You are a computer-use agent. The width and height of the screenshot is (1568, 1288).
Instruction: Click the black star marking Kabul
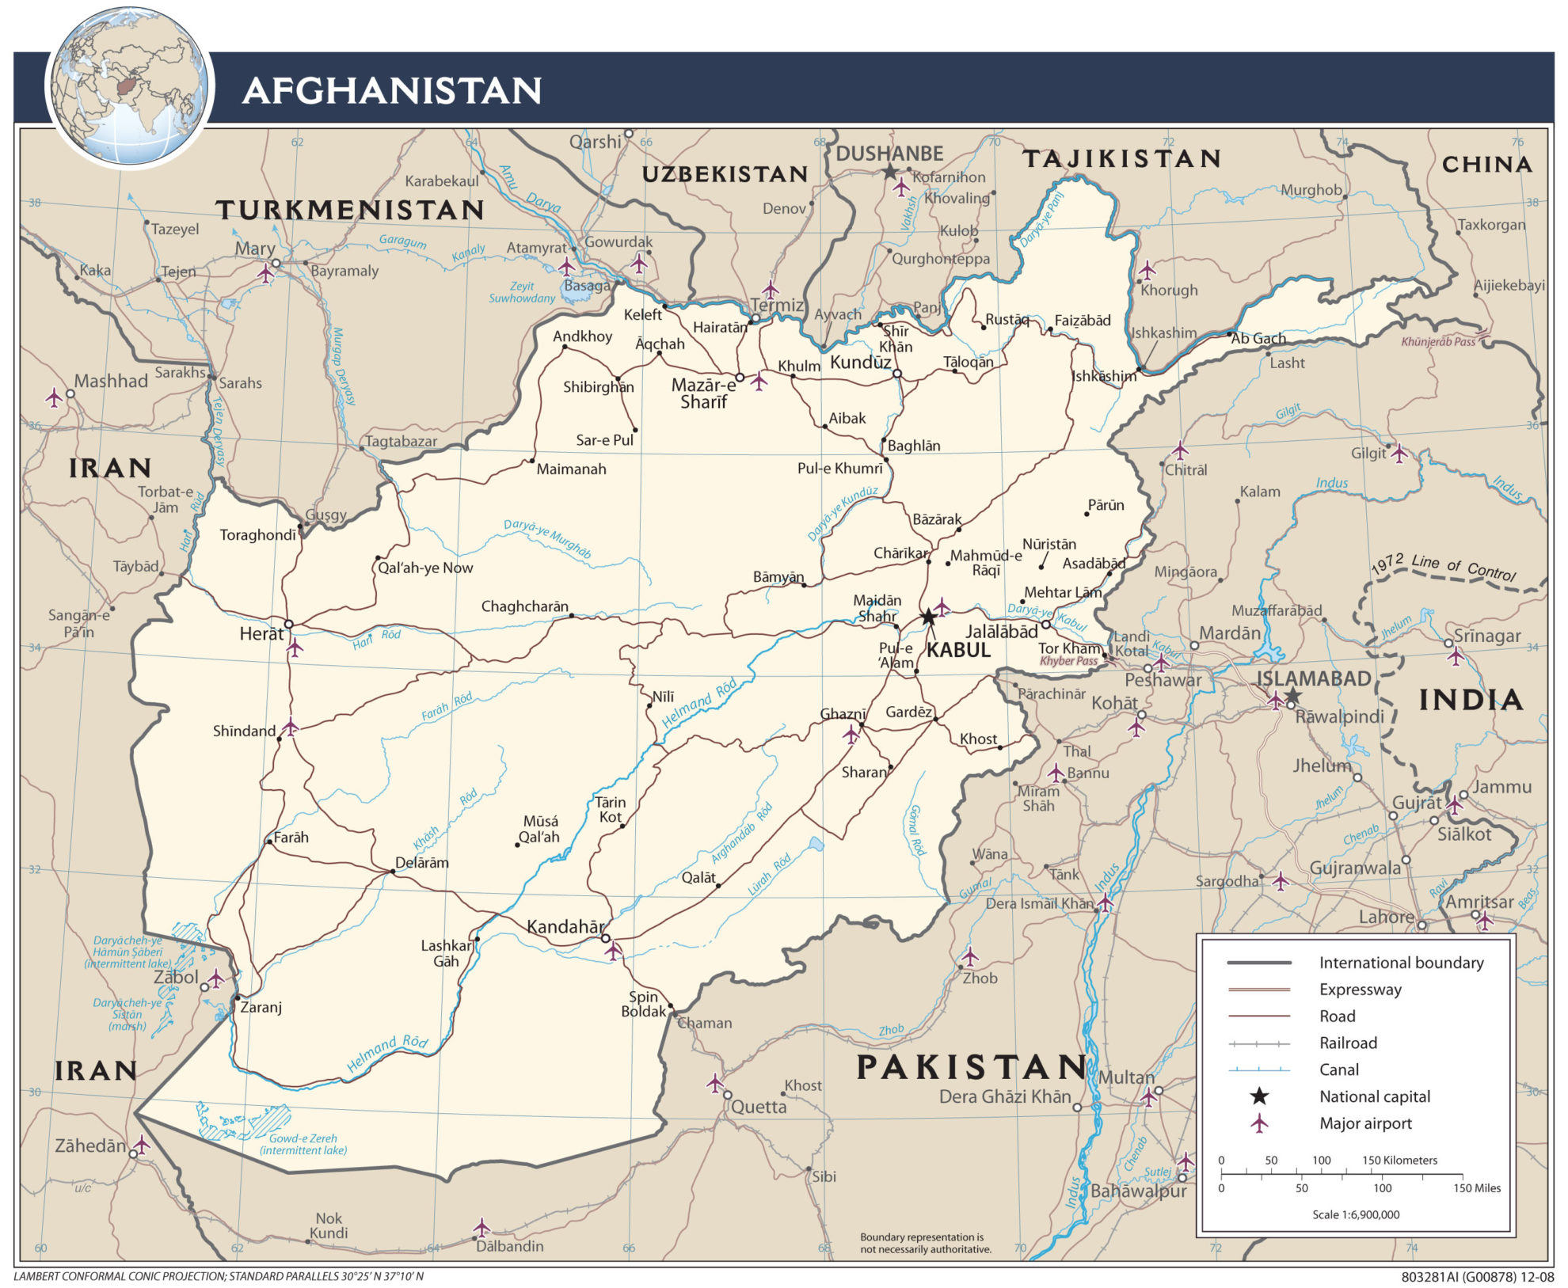click(x=928, y=617)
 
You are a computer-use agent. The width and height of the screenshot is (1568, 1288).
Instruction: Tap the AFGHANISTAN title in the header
click(x=392, y=90)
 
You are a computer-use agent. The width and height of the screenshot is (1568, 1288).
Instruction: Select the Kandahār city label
click(x=565, y=926)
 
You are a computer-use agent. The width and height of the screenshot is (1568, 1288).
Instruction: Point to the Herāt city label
click(x=261, y=633)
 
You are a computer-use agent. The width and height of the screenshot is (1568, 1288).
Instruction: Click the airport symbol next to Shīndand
click(x=291, y=727)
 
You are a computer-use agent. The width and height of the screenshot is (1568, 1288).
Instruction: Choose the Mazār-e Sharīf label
click(x=703, y=393)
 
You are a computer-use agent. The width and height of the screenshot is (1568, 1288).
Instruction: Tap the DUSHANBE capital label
click(x=889, y=154)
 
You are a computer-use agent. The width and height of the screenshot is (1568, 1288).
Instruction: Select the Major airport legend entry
click(x=1365, y=1123)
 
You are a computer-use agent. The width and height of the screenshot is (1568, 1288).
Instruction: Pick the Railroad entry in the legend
click(x=1348, y=1043)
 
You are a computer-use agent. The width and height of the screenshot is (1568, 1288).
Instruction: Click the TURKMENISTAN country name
click(x=350, y=210)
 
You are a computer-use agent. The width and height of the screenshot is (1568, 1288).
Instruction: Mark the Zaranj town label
click(x=261, y=1008)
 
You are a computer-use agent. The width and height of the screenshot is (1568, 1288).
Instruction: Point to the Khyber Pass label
click(x=1068, y=661)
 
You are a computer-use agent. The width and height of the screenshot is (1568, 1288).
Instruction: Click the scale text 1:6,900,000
click(x=1356, y=1214)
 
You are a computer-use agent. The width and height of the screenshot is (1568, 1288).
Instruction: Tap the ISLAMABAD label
click(x=1314, y=678)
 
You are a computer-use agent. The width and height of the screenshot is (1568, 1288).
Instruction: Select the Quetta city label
click(x=758, y=1107)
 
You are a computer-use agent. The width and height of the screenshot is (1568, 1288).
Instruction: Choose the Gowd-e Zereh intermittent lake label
click(x=303, y=1144)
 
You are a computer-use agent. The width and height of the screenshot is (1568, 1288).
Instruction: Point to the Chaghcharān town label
click(x=524, y=606)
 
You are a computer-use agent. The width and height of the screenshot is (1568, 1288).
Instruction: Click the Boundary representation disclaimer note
click(x=925, y=1243)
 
